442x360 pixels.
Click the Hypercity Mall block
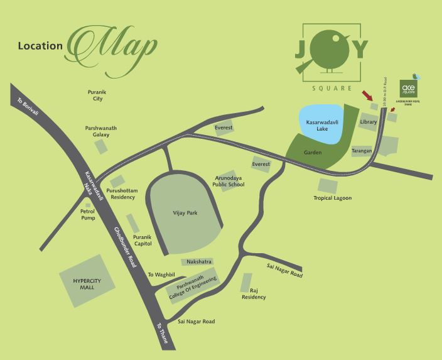89,280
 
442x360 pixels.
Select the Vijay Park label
185,214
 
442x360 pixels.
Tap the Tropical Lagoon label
332,198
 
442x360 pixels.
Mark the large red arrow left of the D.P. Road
369,97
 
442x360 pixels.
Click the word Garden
313,153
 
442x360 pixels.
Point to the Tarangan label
362,151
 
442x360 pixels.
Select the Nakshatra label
197,261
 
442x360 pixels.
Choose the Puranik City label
99,95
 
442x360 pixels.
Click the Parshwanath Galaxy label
101,131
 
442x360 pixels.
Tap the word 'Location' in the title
40,46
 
